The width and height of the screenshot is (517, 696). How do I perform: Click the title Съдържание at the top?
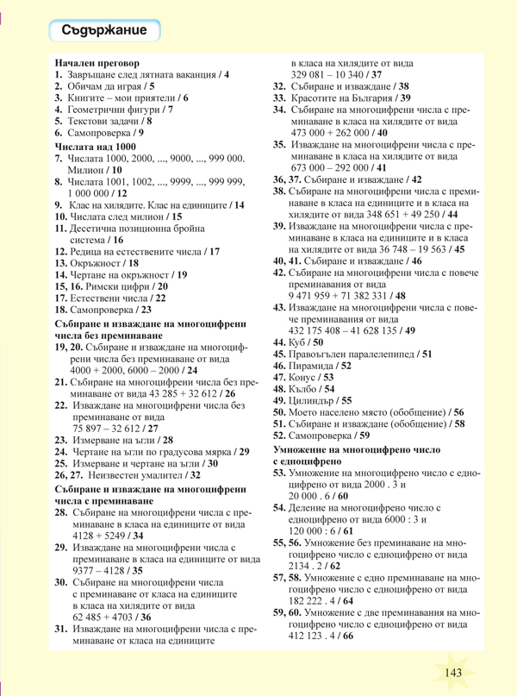click(x=111, y=31)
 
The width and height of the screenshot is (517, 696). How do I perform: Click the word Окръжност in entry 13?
click(x=97, y=261)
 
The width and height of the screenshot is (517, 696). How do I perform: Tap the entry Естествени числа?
click(x=109, y=297)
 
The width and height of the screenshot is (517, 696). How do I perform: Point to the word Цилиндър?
click(x=314, y=400)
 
